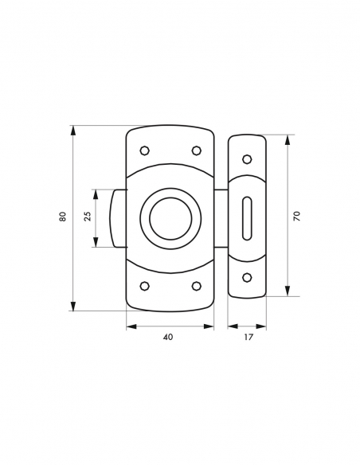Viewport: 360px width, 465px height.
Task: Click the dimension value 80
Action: click(x=62, y=217)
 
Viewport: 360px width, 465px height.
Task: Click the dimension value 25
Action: click(x=88, y=217)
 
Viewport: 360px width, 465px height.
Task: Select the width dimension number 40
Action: click(x=168, y=337)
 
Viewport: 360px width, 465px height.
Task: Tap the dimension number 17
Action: click(x=248, y=337)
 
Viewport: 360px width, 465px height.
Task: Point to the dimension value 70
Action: click(x=295, y=216)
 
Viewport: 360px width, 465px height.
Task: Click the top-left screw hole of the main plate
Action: click(x=144, y=150)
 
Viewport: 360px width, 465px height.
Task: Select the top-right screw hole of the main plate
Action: click(x=196, y=150)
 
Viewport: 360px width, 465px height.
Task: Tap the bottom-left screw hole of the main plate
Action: click(x=144, y=285)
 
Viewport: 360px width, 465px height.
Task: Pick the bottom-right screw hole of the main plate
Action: click(x=196, y=285)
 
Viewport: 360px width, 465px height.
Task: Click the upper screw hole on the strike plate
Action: click(x=247, y=157)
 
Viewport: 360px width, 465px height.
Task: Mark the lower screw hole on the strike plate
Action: click(x=247, y=277)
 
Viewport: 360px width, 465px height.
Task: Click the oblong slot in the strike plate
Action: click(x=247, y=217)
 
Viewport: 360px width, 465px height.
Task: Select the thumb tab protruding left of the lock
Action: click(x=119, y=217)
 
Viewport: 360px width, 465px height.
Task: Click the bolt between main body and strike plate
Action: click(x=221, y=217)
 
